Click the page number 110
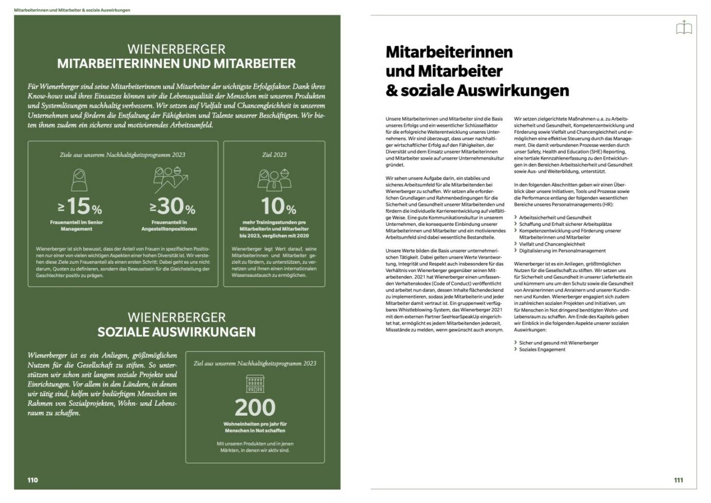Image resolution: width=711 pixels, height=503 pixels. coord(33,480)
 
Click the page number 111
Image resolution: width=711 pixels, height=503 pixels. coord(679,480)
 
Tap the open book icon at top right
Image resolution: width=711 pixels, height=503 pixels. coord(684,27)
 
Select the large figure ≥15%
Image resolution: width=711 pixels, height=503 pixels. coord(80,207)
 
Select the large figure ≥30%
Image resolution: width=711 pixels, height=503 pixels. coord(172,207)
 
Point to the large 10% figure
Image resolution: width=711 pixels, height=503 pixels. coord(278,207)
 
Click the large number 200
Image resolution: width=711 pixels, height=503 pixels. coord(255,407)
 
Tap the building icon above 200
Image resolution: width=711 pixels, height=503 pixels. coord(255,384)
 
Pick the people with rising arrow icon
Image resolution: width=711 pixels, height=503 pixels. coord(170,179)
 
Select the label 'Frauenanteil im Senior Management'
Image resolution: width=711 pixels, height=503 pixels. coord(77,226)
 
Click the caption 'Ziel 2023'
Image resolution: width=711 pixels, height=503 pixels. coord(274,155)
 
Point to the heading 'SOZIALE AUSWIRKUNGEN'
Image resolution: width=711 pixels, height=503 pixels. coord(176,332)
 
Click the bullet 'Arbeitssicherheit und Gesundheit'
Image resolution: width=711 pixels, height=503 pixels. coord(555,218)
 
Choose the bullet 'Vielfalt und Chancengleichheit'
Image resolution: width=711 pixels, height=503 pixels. coord(552,244)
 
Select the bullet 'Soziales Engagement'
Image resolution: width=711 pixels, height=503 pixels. coord(542,350)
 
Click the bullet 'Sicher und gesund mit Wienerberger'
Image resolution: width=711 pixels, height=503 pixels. coord(558,343)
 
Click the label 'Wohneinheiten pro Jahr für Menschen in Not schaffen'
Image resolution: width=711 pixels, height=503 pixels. coord(255,427)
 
